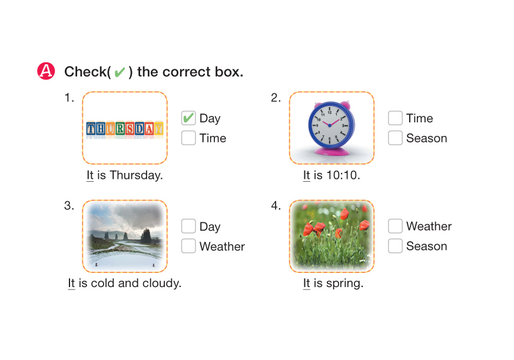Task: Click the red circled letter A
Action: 46,71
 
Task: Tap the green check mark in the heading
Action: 120,72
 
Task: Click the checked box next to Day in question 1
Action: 188,118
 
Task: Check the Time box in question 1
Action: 188,138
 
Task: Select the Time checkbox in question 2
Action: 395,118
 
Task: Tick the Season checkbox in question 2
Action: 395,138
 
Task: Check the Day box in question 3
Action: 188,226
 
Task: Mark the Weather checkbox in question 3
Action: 188,246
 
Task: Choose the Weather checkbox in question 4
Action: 395,226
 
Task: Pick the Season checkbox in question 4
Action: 395,246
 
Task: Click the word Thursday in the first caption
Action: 135,175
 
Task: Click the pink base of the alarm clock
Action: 331,151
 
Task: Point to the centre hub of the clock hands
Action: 330,125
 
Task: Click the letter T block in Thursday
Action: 91,129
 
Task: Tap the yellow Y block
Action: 159,129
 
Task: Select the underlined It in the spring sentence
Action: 307,284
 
